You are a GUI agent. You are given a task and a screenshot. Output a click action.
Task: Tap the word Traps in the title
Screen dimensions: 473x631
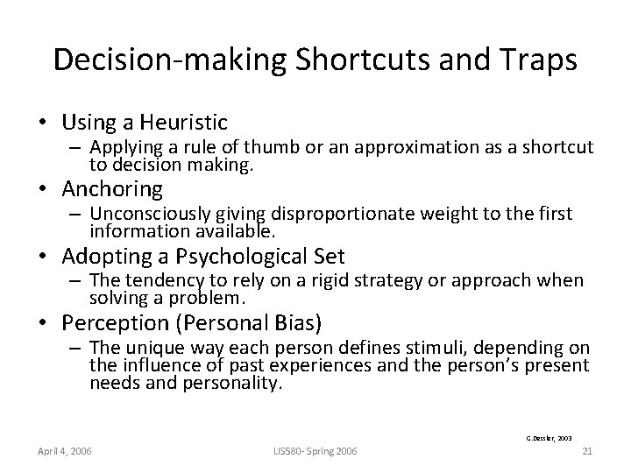click(537, 60)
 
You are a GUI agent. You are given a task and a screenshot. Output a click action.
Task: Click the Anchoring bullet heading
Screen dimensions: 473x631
click(111, 188)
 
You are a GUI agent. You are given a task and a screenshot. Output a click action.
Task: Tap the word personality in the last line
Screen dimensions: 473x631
click(242, 382)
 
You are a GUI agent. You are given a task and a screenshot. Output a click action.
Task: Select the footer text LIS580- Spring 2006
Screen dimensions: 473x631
click(315, 451)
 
